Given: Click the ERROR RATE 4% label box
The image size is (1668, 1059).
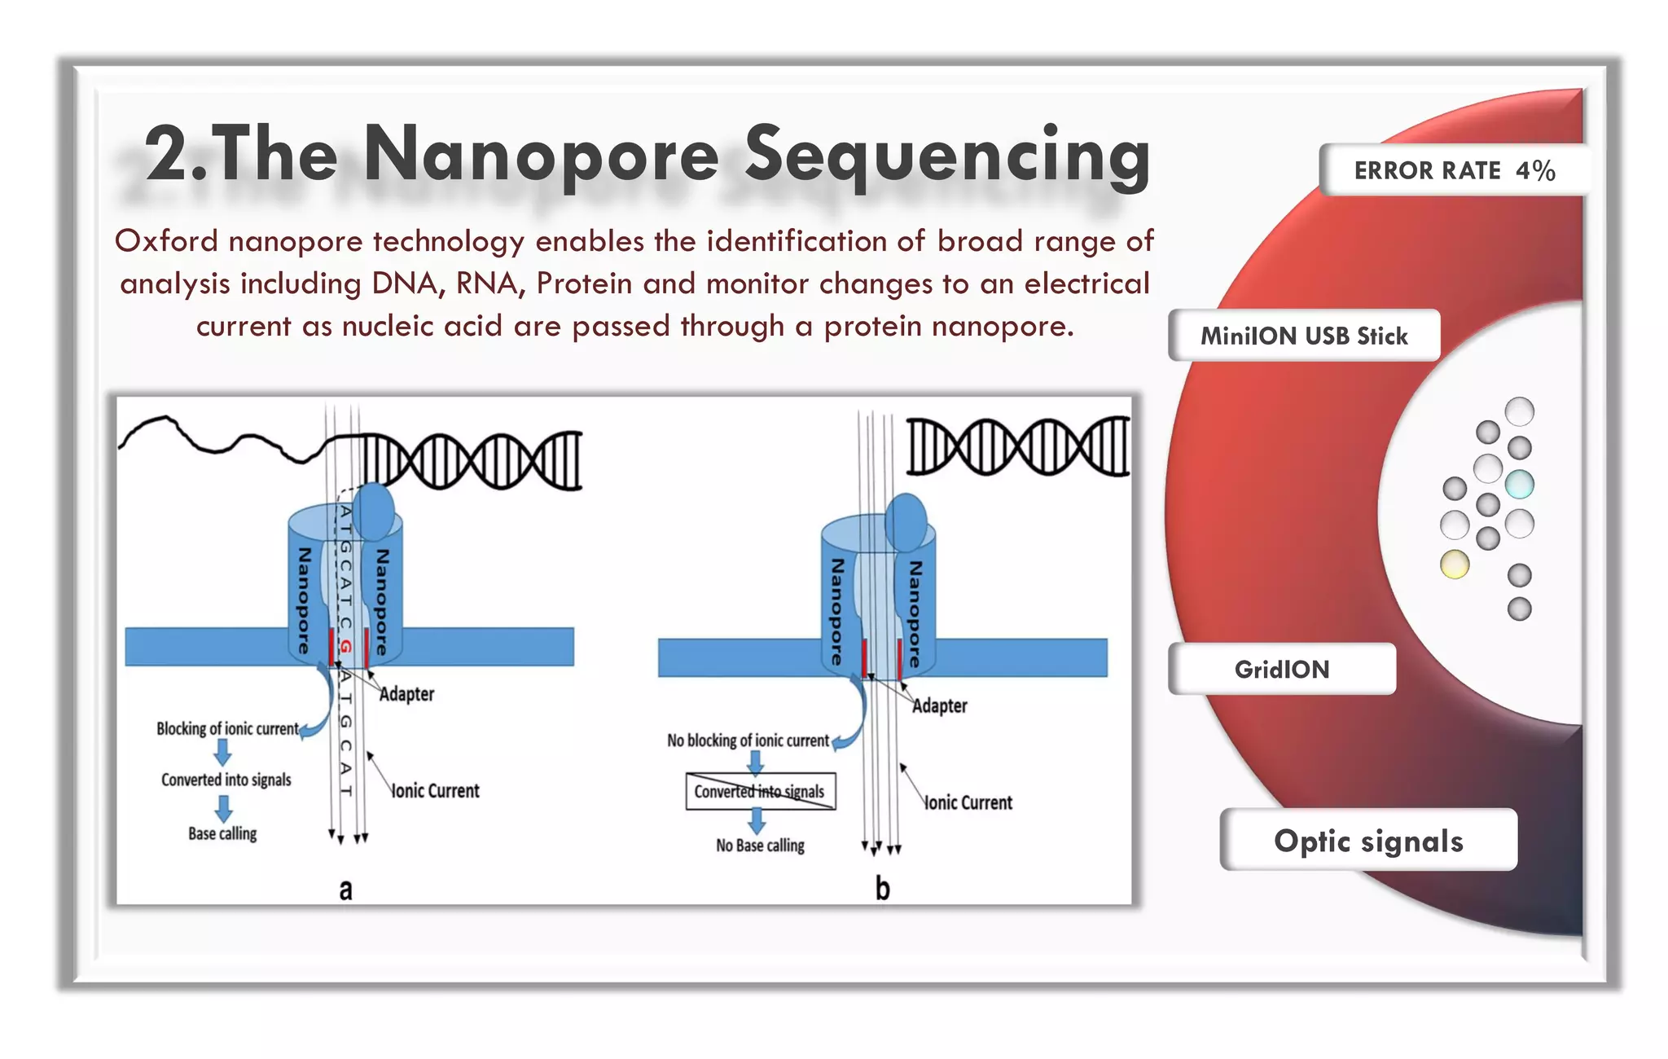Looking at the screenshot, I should [1454, 170].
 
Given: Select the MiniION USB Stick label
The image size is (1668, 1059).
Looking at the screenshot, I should [1303, 336].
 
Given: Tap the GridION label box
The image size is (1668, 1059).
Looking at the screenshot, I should [1282, 669].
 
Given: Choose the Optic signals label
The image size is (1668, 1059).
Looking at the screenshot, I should [1368, 841].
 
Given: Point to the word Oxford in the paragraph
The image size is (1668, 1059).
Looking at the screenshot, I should [166, 241].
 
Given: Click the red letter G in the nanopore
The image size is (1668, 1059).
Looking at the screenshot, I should [345, 647].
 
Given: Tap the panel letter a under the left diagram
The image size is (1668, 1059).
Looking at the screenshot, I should [345, 889].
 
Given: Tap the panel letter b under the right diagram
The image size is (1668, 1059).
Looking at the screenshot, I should [882, 888].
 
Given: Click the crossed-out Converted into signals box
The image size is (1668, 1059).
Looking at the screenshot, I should [760, 791].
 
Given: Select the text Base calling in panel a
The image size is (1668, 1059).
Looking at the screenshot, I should [222, 833].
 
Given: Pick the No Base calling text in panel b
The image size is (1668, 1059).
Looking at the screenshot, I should [760, 846].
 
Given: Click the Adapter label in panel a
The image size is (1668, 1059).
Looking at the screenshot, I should [406, 694].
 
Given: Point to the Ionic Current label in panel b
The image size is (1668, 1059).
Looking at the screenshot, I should [968, 802].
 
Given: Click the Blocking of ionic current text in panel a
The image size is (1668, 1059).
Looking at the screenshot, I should [227, 728].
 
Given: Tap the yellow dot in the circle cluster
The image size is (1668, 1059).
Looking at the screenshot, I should [1455, 564].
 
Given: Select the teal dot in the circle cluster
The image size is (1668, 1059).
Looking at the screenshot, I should [1519, 484].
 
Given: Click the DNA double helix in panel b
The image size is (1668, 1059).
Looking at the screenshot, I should [1018, 446].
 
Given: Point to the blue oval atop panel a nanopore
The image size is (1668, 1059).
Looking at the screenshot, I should [375, 511].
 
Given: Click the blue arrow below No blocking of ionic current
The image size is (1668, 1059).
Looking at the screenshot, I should [755, 762].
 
